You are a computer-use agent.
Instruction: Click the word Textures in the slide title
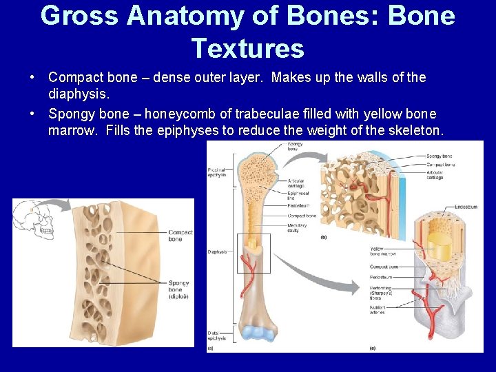[x=248, y=48]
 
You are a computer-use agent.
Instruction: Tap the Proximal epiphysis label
[x=218, y=172]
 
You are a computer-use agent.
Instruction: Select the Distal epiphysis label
[x=218, y=335]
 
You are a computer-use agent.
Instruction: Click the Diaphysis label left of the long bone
[x=217, y=252]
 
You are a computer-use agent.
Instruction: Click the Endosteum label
[x=466, y=207]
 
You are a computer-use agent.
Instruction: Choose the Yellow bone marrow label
[x=383, y=251]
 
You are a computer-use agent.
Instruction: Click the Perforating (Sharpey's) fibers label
[x=381, y=292]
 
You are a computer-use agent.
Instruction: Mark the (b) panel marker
[x=324, y=238]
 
